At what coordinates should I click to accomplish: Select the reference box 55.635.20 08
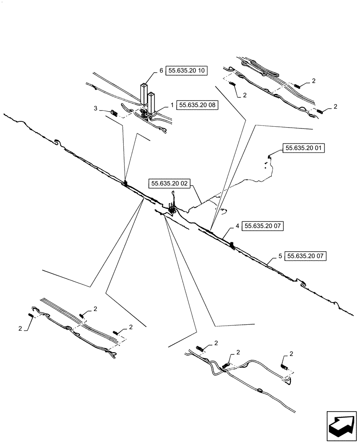coord(198,105)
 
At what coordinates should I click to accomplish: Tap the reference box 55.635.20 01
coord(304,148)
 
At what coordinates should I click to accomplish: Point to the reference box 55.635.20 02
coord(170,183)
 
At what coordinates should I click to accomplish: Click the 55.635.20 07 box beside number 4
coord(263,226)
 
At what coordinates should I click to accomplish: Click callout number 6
coord(161,70)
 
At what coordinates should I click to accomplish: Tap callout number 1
coord(172,105)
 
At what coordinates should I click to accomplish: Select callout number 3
coord(95,108)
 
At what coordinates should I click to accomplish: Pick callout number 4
coord(238,226)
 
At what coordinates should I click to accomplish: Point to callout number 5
coord(280,256)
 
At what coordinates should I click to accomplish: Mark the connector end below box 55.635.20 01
coord(269,157)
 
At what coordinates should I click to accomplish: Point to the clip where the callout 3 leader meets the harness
coord(125,183)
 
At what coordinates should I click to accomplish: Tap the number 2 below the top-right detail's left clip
coord(244,95)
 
